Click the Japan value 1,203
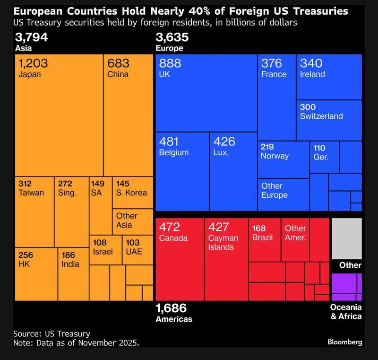pos(33,63)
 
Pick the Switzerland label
pos(321,116)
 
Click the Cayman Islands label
pos(223,242)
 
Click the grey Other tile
pos(346,238)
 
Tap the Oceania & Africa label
pos(346,312)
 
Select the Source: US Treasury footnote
pos(52,333)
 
